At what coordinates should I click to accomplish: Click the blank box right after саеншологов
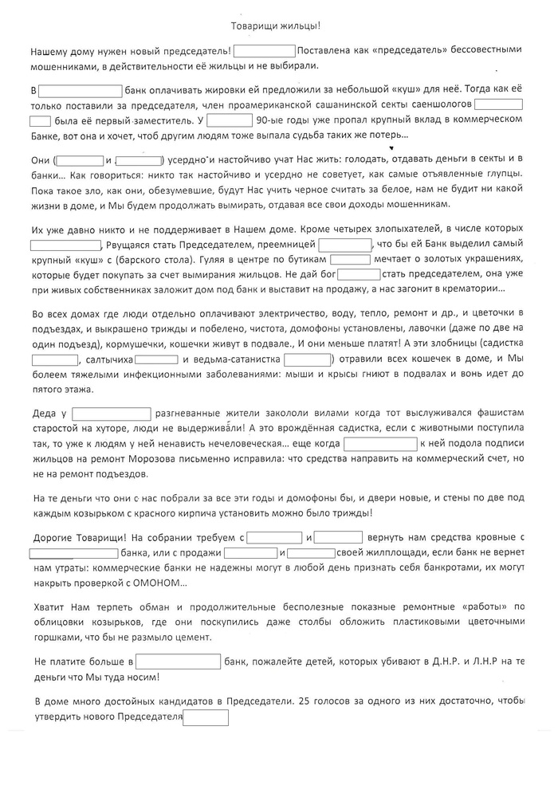click(499, 104)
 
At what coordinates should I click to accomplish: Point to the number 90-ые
click(264, 120)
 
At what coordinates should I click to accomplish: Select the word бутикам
click(305, 260)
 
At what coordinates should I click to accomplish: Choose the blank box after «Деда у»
click(112, 414)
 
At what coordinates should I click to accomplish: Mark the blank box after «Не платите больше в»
click(179, 662)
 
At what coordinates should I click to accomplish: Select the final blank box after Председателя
click(206, 717)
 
